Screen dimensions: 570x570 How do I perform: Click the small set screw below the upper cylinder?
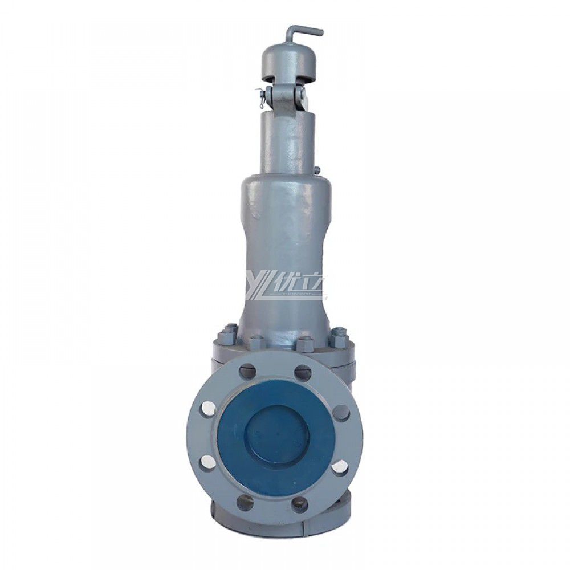click(317, 169)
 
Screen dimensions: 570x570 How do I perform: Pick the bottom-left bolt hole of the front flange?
click(246, 502)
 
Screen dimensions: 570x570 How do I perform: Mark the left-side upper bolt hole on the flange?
click(209, 408)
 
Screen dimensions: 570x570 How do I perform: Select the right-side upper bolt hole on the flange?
click(341, 412)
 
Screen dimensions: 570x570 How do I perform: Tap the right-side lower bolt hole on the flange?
click(340, 466)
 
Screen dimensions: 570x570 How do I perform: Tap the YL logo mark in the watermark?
click(256, 288)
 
